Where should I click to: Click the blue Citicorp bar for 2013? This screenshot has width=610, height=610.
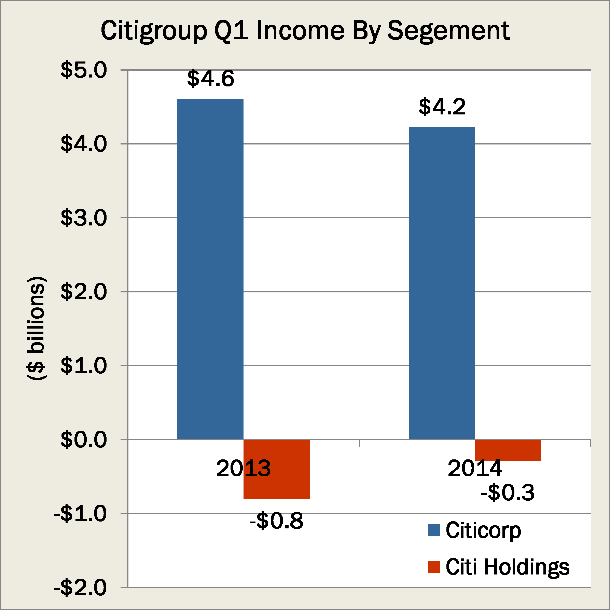pyautogui.click(x=210, y=268)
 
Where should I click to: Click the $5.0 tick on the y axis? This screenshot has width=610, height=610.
pyautogui.click(x=84, y=70)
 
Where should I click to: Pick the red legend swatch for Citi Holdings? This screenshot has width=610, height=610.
pyautogui.click(x=434, y=567)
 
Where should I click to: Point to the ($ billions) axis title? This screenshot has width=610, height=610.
pyautogui.click(x=37, y=328)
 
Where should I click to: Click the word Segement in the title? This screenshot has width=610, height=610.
pyautogui.click(x=448, y=31)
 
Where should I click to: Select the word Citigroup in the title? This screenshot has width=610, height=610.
pyautogui.click(x=154, y=31)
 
